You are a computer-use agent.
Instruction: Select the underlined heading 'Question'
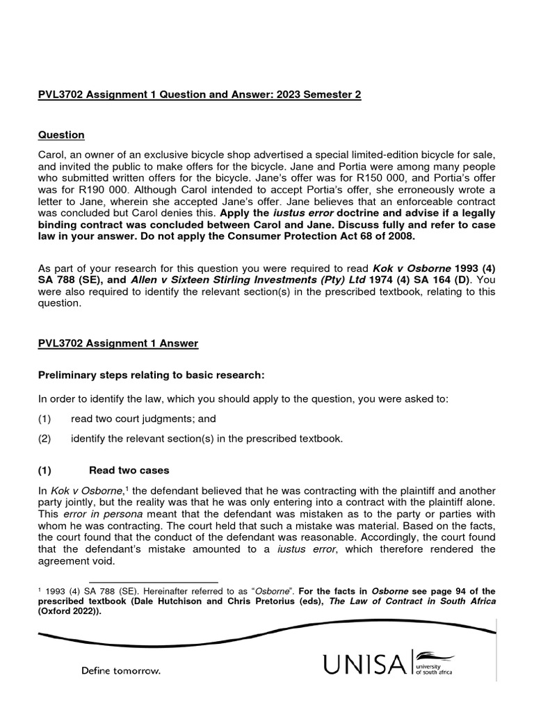(61, 135)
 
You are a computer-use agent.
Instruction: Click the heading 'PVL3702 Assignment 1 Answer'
(118, 343)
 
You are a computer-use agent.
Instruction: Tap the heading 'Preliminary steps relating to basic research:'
(151, 375)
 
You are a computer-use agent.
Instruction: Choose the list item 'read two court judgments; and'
(143, 419)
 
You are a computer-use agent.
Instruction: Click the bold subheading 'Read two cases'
(129, 471)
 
